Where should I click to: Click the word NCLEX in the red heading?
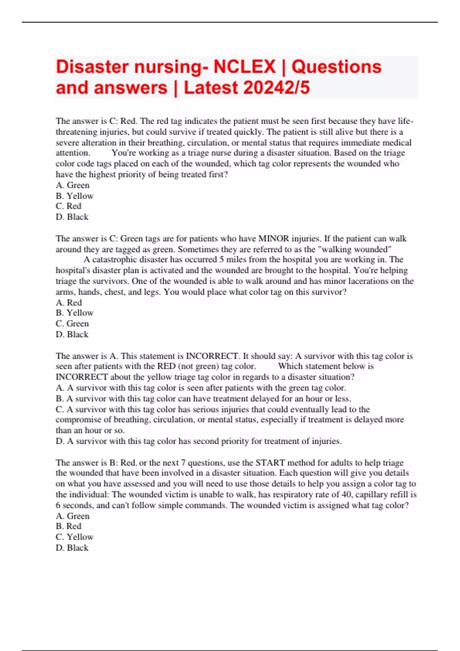point(244,67)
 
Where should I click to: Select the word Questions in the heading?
point(337,67)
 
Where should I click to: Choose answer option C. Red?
point(69,206)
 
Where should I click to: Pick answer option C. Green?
point(72,324)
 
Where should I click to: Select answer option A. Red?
point(69,303)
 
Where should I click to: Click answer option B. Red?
point(69,526)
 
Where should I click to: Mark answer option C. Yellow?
point(74,537)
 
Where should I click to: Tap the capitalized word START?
point(270,463)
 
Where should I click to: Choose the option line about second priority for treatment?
point(199,441)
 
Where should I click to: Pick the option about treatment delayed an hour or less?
point(203,399)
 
